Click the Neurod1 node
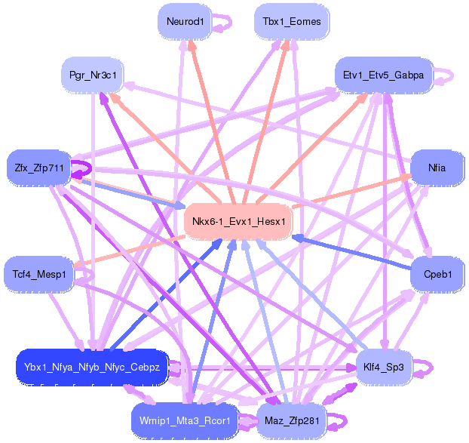[x=185, y=21]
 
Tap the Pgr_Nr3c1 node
[x=92, y=75]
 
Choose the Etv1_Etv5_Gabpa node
[x=383, y=75]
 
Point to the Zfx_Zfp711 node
[x=38, y=168]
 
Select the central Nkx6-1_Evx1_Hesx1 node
[x=238, y=221]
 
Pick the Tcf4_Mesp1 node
[x=39, y=273]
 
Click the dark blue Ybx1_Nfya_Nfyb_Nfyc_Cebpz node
[x=91, y=367]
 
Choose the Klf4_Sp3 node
[x=384, y=367]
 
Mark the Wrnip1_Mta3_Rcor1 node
[x=185, y=420]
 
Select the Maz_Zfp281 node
[x=291, y=420]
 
